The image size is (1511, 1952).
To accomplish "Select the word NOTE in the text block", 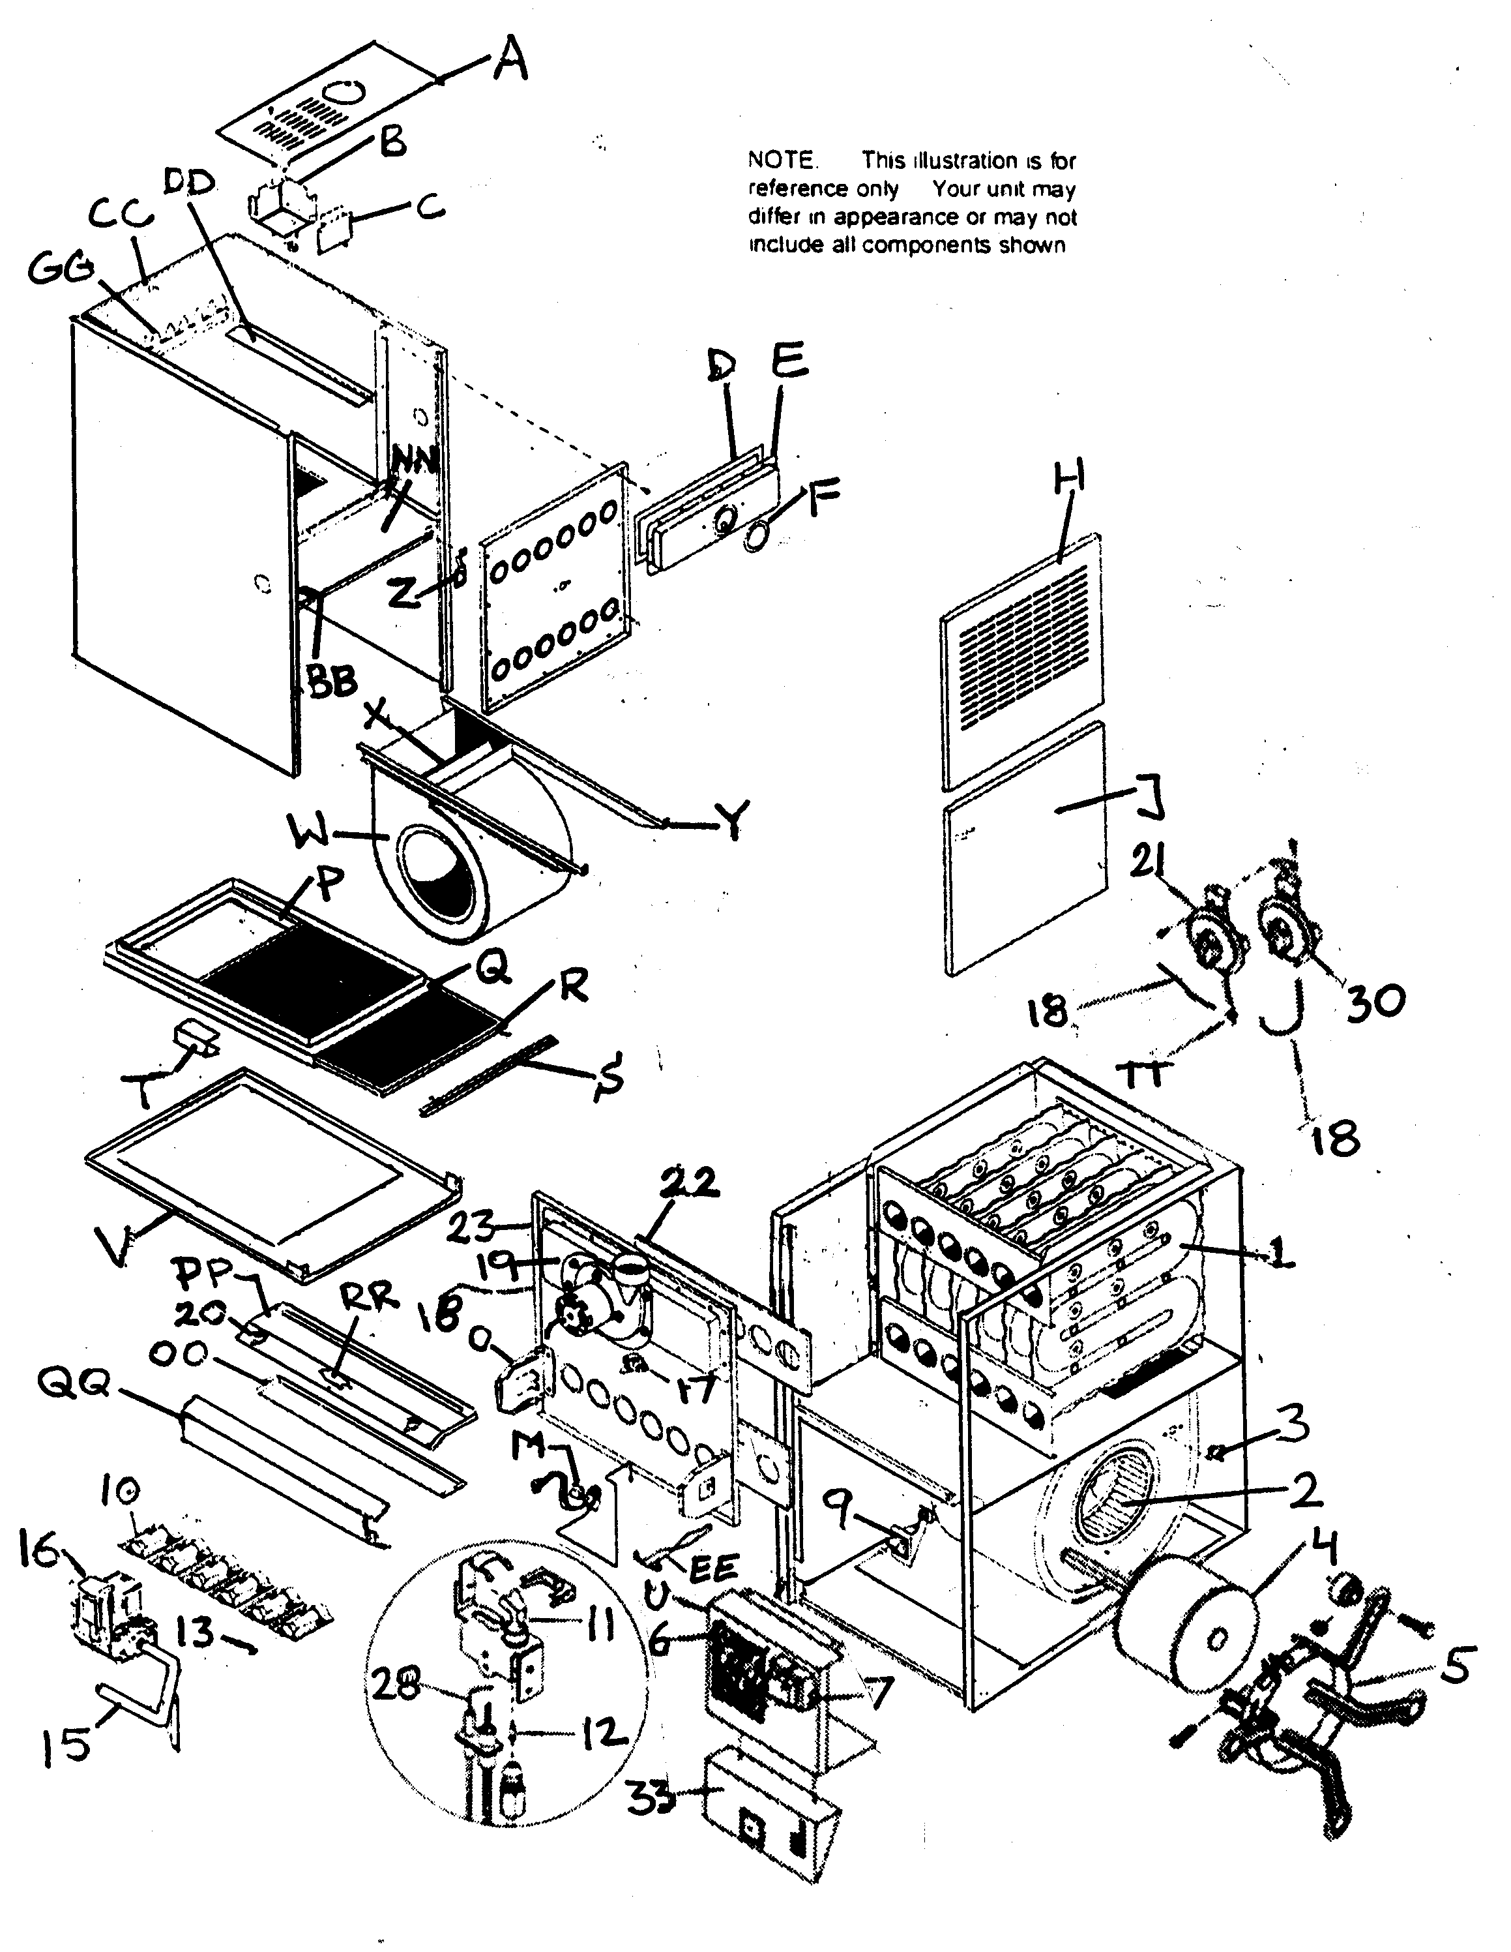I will (781, 161).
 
